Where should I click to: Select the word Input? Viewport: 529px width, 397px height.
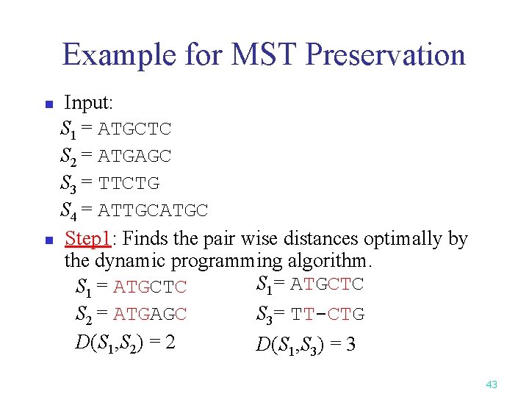[x=88, y=102]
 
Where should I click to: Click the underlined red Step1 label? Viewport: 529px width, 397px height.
[x=87, y=239]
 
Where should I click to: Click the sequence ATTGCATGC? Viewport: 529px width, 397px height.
[x=153, y=211]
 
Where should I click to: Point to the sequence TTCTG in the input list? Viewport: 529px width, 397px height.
[x=129, y=184]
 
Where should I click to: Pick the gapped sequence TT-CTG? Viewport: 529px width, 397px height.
[x=327, y=315]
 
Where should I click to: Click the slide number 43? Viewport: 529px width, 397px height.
[x=492, y=384]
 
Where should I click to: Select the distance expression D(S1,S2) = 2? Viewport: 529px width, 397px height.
[x=125, y=343]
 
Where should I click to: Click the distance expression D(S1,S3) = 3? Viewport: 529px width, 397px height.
[x=306, y=343]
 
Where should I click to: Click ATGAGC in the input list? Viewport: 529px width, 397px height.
[x=134, y=157]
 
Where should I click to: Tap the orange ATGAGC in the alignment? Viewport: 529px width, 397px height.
[x=150, y=315]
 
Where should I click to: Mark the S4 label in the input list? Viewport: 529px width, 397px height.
[x=69, y=211]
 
